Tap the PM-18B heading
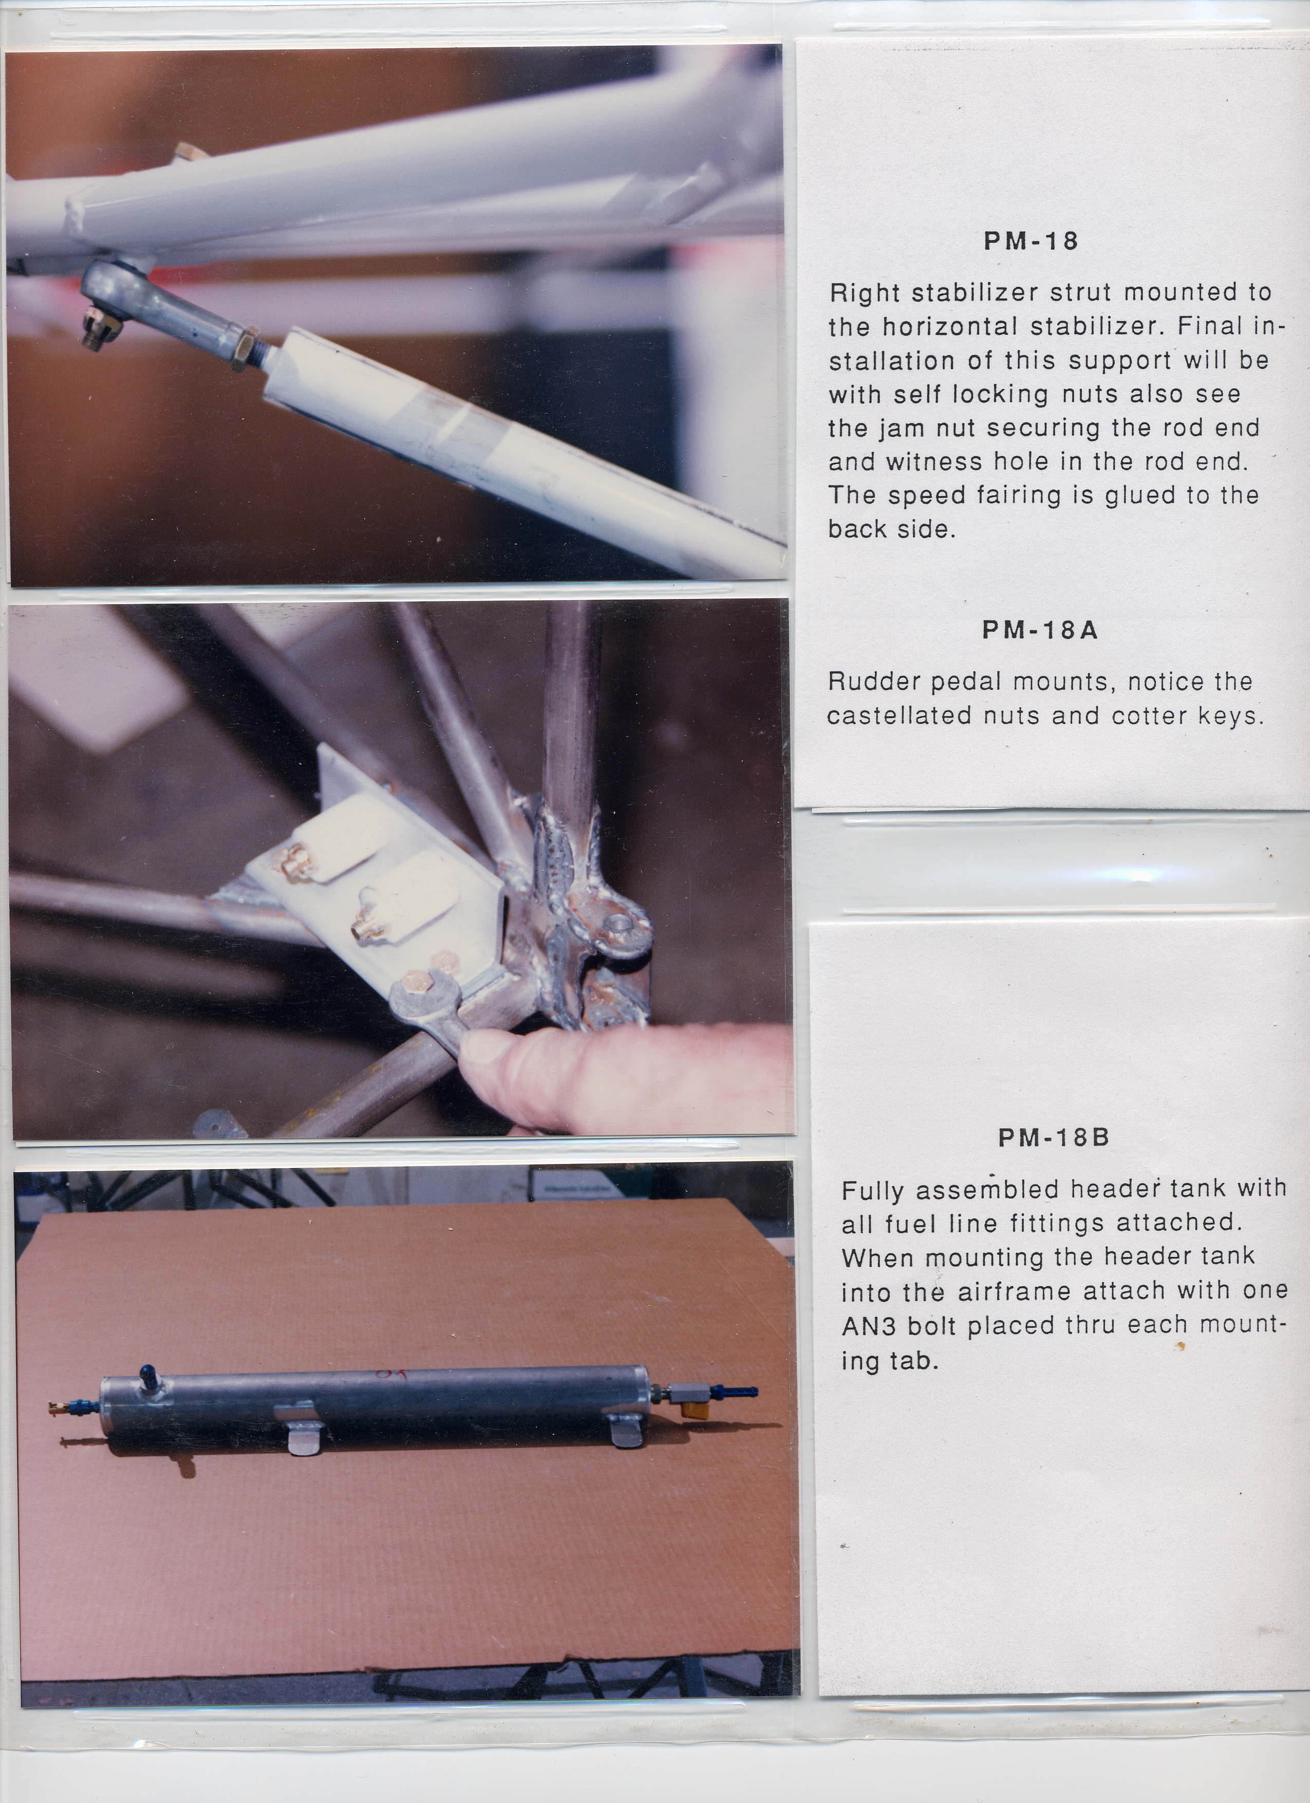1053,1138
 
